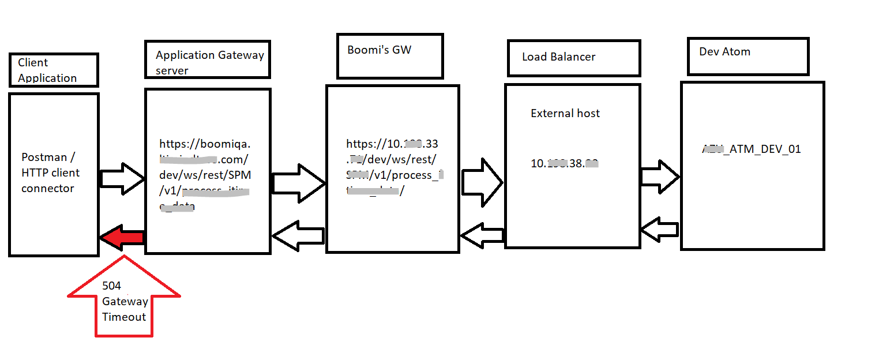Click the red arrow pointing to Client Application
[122, 237]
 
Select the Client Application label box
[54, 70]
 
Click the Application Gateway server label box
[208, 59]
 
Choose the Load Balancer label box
[574, 58]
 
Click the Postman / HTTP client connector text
[50, 172]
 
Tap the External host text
[565, 114]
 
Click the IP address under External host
[564, 164]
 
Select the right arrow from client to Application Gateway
[122, 179]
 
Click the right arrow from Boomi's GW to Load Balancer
[482, 183]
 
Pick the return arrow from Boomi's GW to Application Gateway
[298, 235]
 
